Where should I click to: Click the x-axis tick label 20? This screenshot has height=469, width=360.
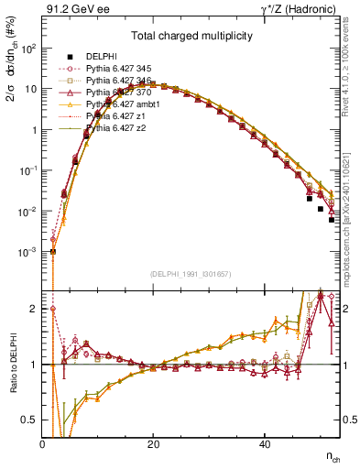(153, 444)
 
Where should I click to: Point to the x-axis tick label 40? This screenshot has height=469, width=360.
(264, 444)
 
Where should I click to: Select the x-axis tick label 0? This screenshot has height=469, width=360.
(42, 444)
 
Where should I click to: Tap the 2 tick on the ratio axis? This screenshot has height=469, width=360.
(35, 309)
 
